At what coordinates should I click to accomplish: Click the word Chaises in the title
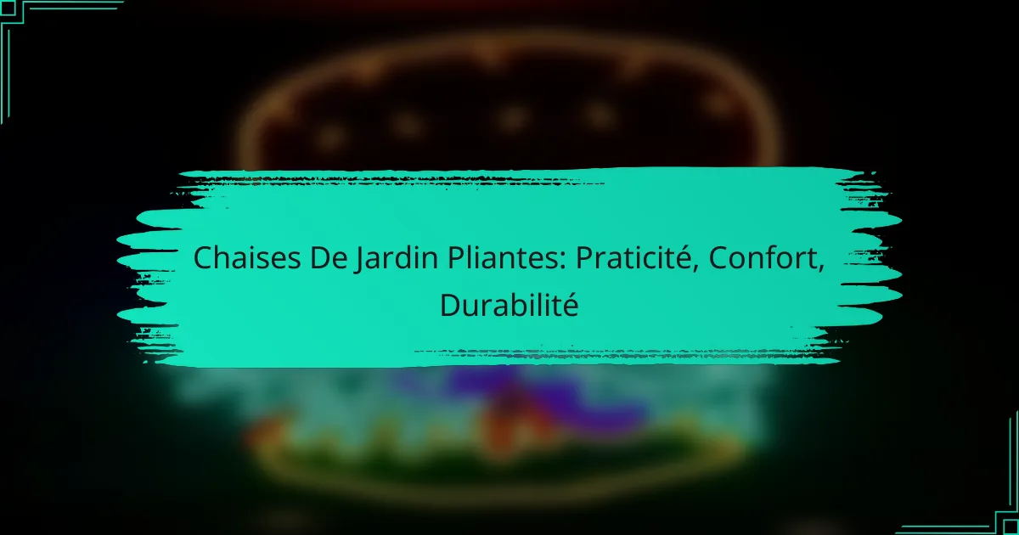click(247, 257)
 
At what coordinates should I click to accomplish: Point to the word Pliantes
click(503, 258)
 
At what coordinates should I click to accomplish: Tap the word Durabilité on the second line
click(509, 305)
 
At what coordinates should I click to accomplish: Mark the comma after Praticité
click(695, 268)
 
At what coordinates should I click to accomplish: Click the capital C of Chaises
click(203, 258)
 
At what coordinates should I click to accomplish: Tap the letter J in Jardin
click(359, 260)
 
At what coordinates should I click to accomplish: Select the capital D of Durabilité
click(450, 305)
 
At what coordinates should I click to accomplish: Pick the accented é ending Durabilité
click(571, 305)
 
